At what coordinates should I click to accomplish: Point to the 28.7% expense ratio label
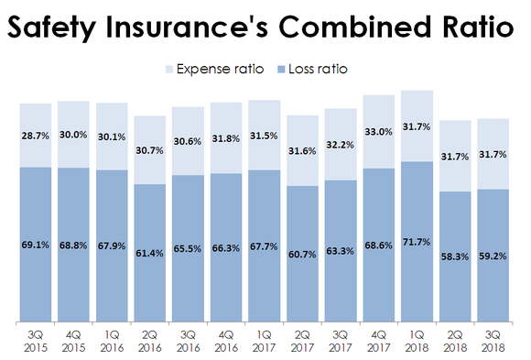[x=36, y=135]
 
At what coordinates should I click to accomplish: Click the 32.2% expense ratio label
[x=341, y=144]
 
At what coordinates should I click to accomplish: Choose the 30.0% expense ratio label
[x=73, y=134]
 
